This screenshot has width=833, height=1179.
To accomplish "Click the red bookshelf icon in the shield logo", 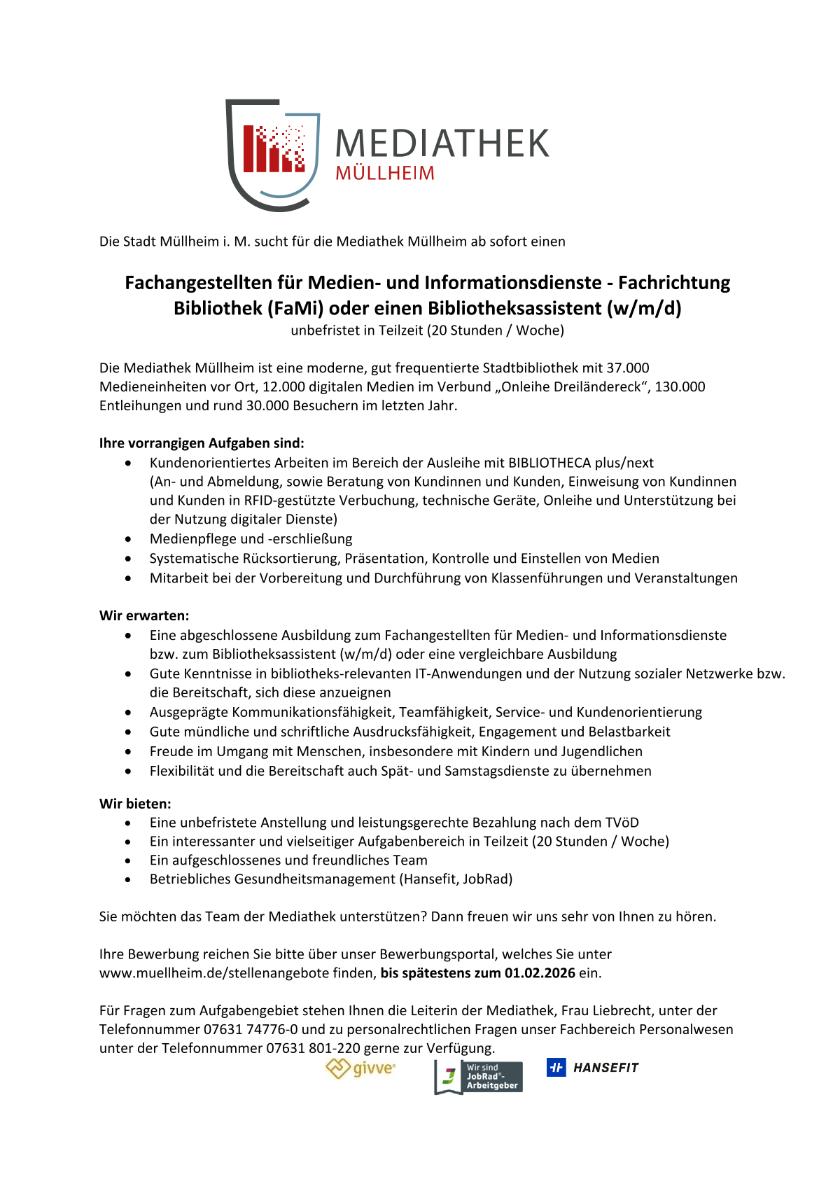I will (274, 149).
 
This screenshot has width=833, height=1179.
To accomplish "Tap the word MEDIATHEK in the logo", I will (442, 144).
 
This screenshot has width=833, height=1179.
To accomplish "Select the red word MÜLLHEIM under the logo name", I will (385, 173).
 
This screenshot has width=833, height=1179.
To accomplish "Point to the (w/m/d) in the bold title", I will (644, 308).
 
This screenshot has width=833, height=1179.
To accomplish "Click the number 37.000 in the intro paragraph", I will (628, 368).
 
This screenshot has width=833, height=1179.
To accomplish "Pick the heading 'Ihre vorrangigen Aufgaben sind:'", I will (202, 443).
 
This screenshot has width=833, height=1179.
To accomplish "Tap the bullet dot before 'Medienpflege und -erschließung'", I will (128, 539).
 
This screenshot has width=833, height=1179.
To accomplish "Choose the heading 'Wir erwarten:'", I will (144, 616).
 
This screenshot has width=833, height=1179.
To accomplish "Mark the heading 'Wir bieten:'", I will (135, 804).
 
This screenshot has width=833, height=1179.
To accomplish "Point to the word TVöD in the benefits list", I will (621, 823).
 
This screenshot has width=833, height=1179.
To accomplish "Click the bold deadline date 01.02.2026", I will (540, 973).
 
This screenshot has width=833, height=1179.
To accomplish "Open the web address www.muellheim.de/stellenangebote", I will (236, 973).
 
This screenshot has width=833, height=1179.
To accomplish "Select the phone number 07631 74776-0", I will (251, 1029).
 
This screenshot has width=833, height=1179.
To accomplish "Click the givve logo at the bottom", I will (360, 1068).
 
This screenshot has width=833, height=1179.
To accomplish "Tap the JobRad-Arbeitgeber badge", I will (479, 1077).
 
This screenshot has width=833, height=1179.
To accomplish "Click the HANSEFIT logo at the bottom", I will (593, 1068).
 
